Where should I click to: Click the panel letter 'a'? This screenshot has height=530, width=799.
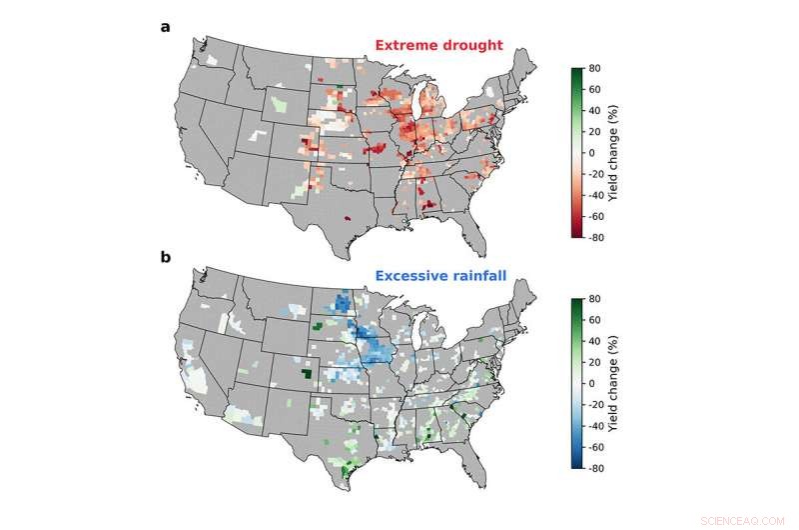tap(165, 27)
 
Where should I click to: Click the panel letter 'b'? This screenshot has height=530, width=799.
tap(165, 257)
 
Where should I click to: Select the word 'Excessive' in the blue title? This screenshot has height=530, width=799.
tap(410, 275)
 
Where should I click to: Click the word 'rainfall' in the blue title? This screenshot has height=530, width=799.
tap(482, 275)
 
